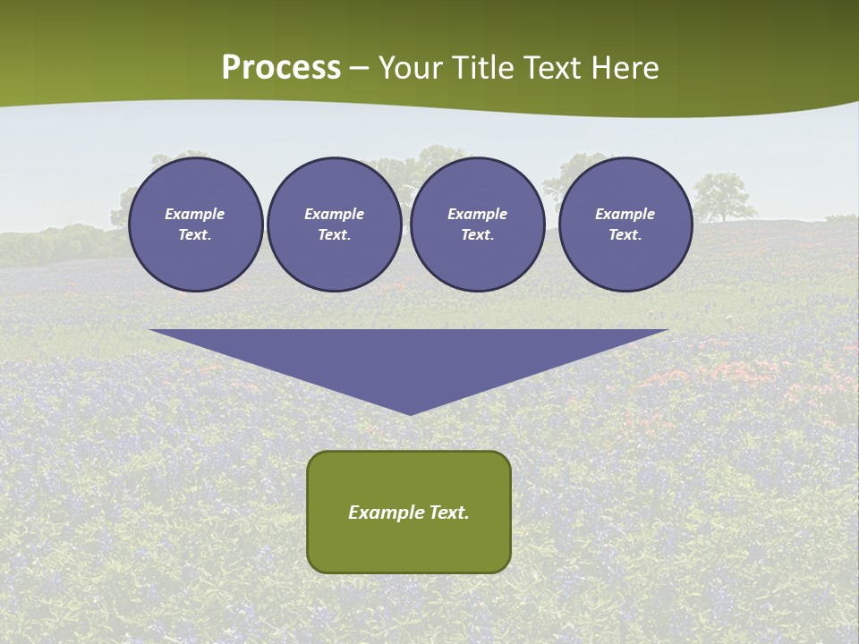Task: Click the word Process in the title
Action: click(x=281, y=68)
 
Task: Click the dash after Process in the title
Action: click(x=360, y=70)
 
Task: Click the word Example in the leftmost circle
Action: click(x=195, y=214)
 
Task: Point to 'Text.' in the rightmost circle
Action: click(x=625, y=234)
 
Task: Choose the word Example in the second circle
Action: click(x=334, y=214)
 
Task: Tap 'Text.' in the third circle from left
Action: click(x=477, y=234)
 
